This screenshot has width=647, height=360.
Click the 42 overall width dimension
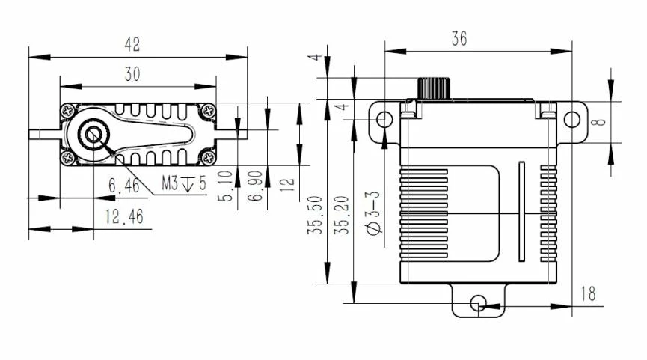132,45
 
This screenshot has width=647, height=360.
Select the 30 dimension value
132,73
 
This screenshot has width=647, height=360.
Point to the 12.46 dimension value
125,217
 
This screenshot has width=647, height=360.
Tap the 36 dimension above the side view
459,40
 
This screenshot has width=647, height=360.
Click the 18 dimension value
589,293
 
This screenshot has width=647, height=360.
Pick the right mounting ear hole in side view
571,120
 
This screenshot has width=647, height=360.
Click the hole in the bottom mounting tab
479,303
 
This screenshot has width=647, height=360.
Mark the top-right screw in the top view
206,111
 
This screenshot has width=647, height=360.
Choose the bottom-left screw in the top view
68,158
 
